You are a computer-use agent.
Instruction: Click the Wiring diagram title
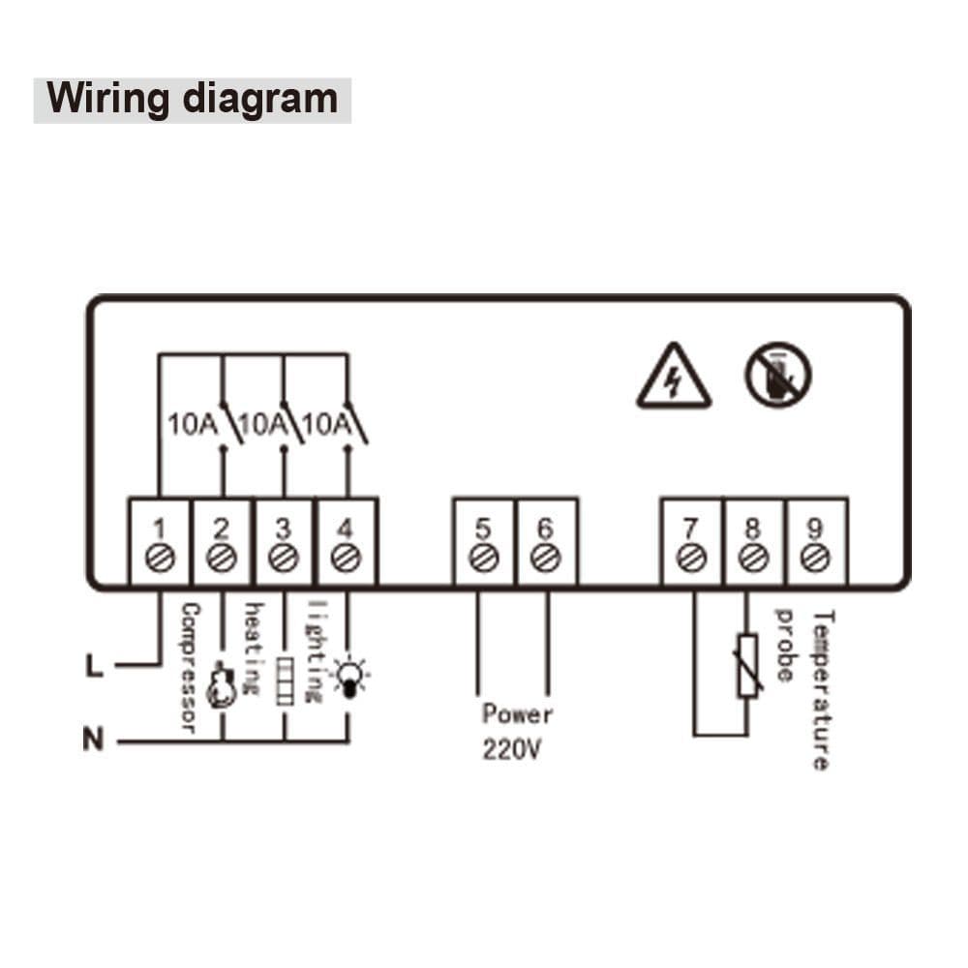click(x=193, y=100)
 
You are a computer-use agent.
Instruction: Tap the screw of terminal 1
click(x=160, y=559)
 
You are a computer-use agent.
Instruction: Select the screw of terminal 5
click(x=484, y=559)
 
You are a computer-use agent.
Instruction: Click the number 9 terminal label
click(x=815, y=529)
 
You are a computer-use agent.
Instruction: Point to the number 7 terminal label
click(x=690, y=529)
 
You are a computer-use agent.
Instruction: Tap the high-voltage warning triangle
click(x=674, y=379)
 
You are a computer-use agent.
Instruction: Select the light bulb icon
click(x=346, y=675)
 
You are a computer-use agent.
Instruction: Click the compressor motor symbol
click(x=222, y=684)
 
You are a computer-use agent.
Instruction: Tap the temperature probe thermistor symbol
click(x=748, y=665)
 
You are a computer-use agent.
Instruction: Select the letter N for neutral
click(x=93, y=741)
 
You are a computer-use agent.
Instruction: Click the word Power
click(x=518, y=714)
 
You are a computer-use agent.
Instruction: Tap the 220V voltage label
click(x=510, y=750)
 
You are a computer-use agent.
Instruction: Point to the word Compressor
click(x=189, y=668)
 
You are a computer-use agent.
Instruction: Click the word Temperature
click(x=821, y=689)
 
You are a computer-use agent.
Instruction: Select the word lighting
click(x=314, y=650)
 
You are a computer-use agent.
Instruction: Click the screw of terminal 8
click(x=752, y=559)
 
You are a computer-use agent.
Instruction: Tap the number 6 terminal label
click(x=546, y=529)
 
